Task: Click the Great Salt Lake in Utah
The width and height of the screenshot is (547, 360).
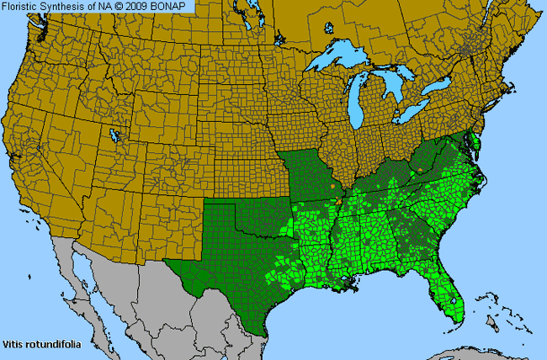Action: pyautogui.click(x=115, y=134)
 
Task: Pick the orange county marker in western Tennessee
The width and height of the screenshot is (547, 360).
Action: pyautogui.click(x=338, y=201)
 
